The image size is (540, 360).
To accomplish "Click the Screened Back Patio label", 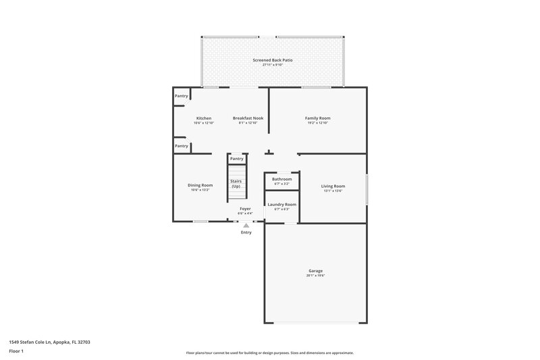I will [x=273, y=60].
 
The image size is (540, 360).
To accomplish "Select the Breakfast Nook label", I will [x=248, y=118].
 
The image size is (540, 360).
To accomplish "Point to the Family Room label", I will [x=317, y=118].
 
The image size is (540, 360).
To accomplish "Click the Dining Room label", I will [x=200, y=185].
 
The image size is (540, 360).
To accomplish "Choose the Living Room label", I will [x=333, y=186].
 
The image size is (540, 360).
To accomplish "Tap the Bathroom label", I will [x=281, y=179].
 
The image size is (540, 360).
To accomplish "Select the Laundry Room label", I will [x=281, y=204].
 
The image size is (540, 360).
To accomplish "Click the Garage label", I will [x=316, y=271].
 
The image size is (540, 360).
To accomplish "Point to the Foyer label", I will [x=246, y=209].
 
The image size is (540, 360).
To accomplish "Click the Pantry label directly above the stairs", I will [x=236, y=159].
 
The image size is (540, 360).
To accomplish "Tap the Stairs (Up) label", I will [x=236, y=184].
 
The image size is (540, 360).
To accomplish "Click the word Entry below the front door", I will [x=246, y=232].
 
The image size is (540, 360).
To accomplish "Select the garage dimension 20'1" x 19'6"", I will [x=316, y=276].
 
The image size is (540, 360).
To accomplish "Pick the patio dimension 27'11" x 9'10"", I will [x=273, y=65].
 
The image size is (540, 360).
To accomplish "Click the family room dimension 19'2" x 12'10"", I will [x=317, y=123].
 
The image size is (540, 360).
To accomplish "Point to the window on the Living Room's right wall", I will [x=367, y=189].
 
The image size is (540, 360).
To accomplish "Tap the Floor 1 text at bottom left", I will [x=17, y=352].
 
